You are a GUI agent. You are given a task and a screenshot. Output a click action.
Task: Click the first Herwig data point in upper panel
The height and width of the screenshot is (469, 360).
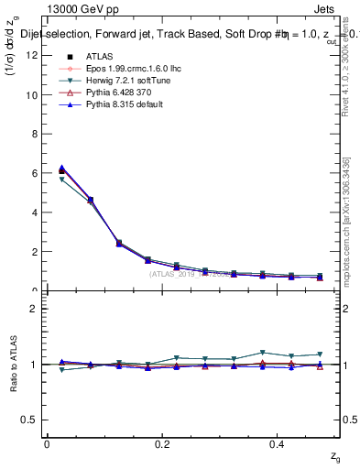coord(61,180)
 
